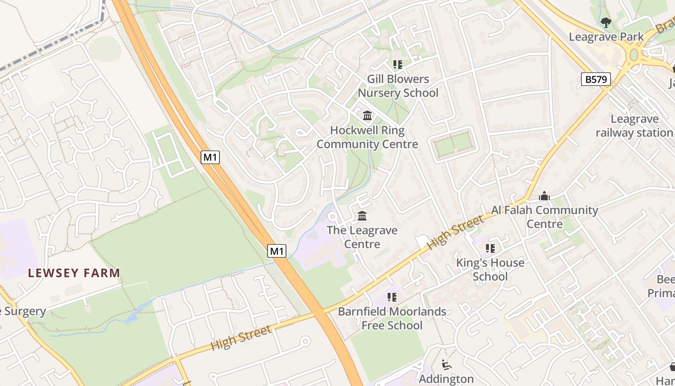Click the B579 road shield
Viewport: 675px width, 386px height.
coord(596,79)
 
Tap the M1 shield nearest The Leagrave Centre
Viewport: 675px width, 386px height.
coord(277,251)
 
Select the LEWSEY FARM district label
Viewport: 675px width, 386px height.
coord(74,273)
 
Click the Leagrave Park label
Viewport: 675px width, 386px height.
coord(606,37)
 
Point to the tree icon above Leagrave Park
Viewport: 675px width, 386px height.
coord(606,22)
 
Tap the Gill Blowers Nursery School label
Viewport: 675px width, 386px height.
coord(398,86)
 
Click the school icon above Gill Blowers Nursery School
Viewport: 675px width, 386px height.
coord(398,64)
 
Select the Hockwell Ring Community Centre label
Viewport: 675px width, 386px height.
coord(367,137)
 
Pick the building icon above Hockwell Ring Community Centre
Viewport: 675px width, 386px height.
coord(367,115)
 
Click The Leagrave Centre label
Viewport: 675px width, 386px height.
coord(362,237)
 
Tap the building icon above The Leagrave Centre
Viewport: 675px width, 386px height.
coord(362,216)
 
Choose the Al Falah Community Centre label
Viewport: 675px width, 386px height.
coord(544,217)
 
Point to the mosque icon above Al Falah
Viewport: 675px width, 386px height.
coord(544,196)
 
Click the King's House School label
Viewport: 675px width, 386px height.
coord(490,269)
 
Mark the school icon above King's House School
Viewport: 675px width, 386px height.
coord(490,248)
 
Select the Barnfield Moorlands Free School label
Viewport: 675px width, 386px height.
coord(392,318)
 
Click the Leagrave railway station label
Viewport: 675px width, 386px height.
coord(634,125)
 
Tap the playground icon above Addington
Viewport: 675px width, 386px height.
coord(446,365)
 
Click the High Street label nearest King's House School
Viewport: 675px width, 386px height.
coord(455,233)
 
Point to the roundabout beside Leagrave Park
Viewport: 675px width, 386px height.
coord(634,55)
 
